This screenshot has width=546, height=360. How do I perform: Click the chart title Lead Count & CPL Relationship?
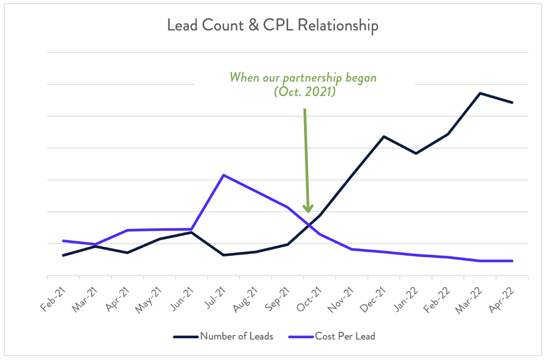pos(273,26)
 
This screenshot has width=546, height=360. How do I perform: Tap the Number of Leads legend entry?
pos(236,336)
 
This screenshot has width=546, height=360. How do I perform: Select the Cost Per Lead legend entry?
pos(345,336)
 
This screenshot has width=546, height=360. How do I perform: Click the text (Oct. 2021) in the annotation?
pos(305,92)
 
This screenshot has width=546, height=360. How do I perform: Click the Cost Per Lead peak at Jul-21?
pos(223,175)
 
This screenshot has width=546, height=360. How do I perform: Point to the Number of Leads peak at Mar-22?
pos(480,93)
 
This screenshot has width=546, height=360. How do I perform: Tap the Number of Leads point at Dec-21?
pos(384,136)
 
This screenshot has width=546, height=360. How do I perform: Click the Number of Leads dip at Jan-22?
pos(416,154)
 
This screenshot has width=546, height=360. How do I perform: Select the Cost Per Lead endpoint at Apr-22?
pos(512,261)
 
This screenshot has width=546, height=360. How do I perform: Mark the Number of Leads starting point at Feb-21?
pos(63,255)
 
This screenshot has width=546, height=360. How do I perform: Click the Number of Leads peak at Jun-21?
pos(191,232)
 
